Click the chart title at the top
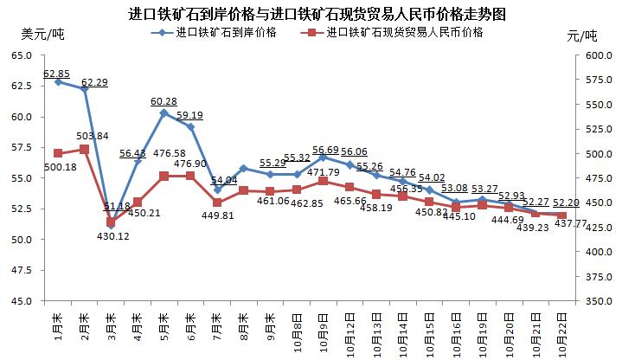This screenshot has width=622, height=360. pos(310,12)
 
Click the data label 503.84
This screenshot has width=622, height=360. pos(93,136)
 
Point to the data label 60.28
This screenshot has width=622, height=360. pos(164,101)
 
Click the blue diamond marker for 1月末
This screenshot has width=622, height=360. pos(58,81)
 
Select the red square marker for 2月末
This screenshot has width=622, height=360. pos(84,149)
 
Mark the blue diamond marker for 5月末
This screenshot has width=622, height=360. pos(164,112)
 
